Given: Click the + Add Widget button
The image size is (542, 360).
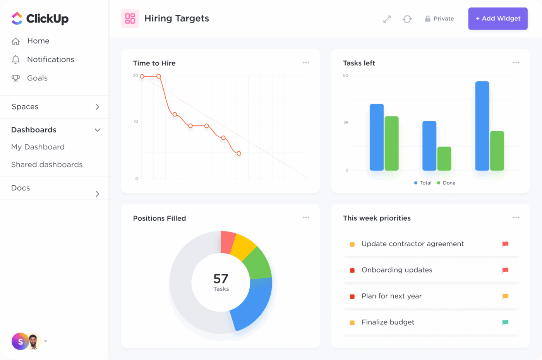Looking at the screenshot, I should [497, 19].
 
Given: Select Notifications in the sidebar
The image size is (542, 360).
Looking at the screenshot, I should [50, 60].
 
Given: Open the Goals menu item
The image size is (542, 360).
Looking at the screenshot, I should [37, 78].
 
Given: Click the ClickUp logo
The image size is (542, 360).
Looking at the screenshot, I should [40, 19].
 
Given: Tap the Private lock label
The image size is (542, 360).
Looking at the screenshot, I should [439, 19].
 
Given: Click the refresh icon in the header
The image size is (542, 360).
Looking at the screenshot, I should [407, 19].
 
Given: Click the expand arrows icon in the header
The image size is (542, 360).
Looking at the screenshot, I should [387, 19].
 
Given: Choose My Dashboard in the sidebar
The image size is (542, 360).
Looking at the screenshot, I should [38, 147].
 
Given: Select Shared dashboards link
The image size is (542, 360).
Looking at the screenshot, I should [47, 165].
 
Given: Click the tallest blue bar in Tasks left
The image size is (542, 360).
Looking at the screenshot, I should [482, 126].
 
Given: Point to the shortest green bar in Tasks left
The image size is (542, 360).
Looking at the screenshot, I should [444, 159].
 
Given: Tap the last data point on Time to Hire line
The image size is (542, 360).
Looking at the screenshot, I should [239, 154].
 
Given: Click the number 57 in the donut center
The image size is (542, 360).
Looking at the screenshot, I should [221, 279].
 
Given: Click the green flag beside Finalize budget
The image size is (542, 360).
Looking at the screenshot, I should [505, 322].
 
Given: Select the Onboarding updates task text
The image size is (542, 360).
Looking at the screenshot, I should [397, 270].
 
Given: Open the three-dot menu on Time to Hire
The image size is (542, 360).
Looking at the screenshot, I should [306, 63].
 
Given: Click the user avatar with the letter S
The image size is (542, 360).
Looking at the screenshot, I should [20, 341].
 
